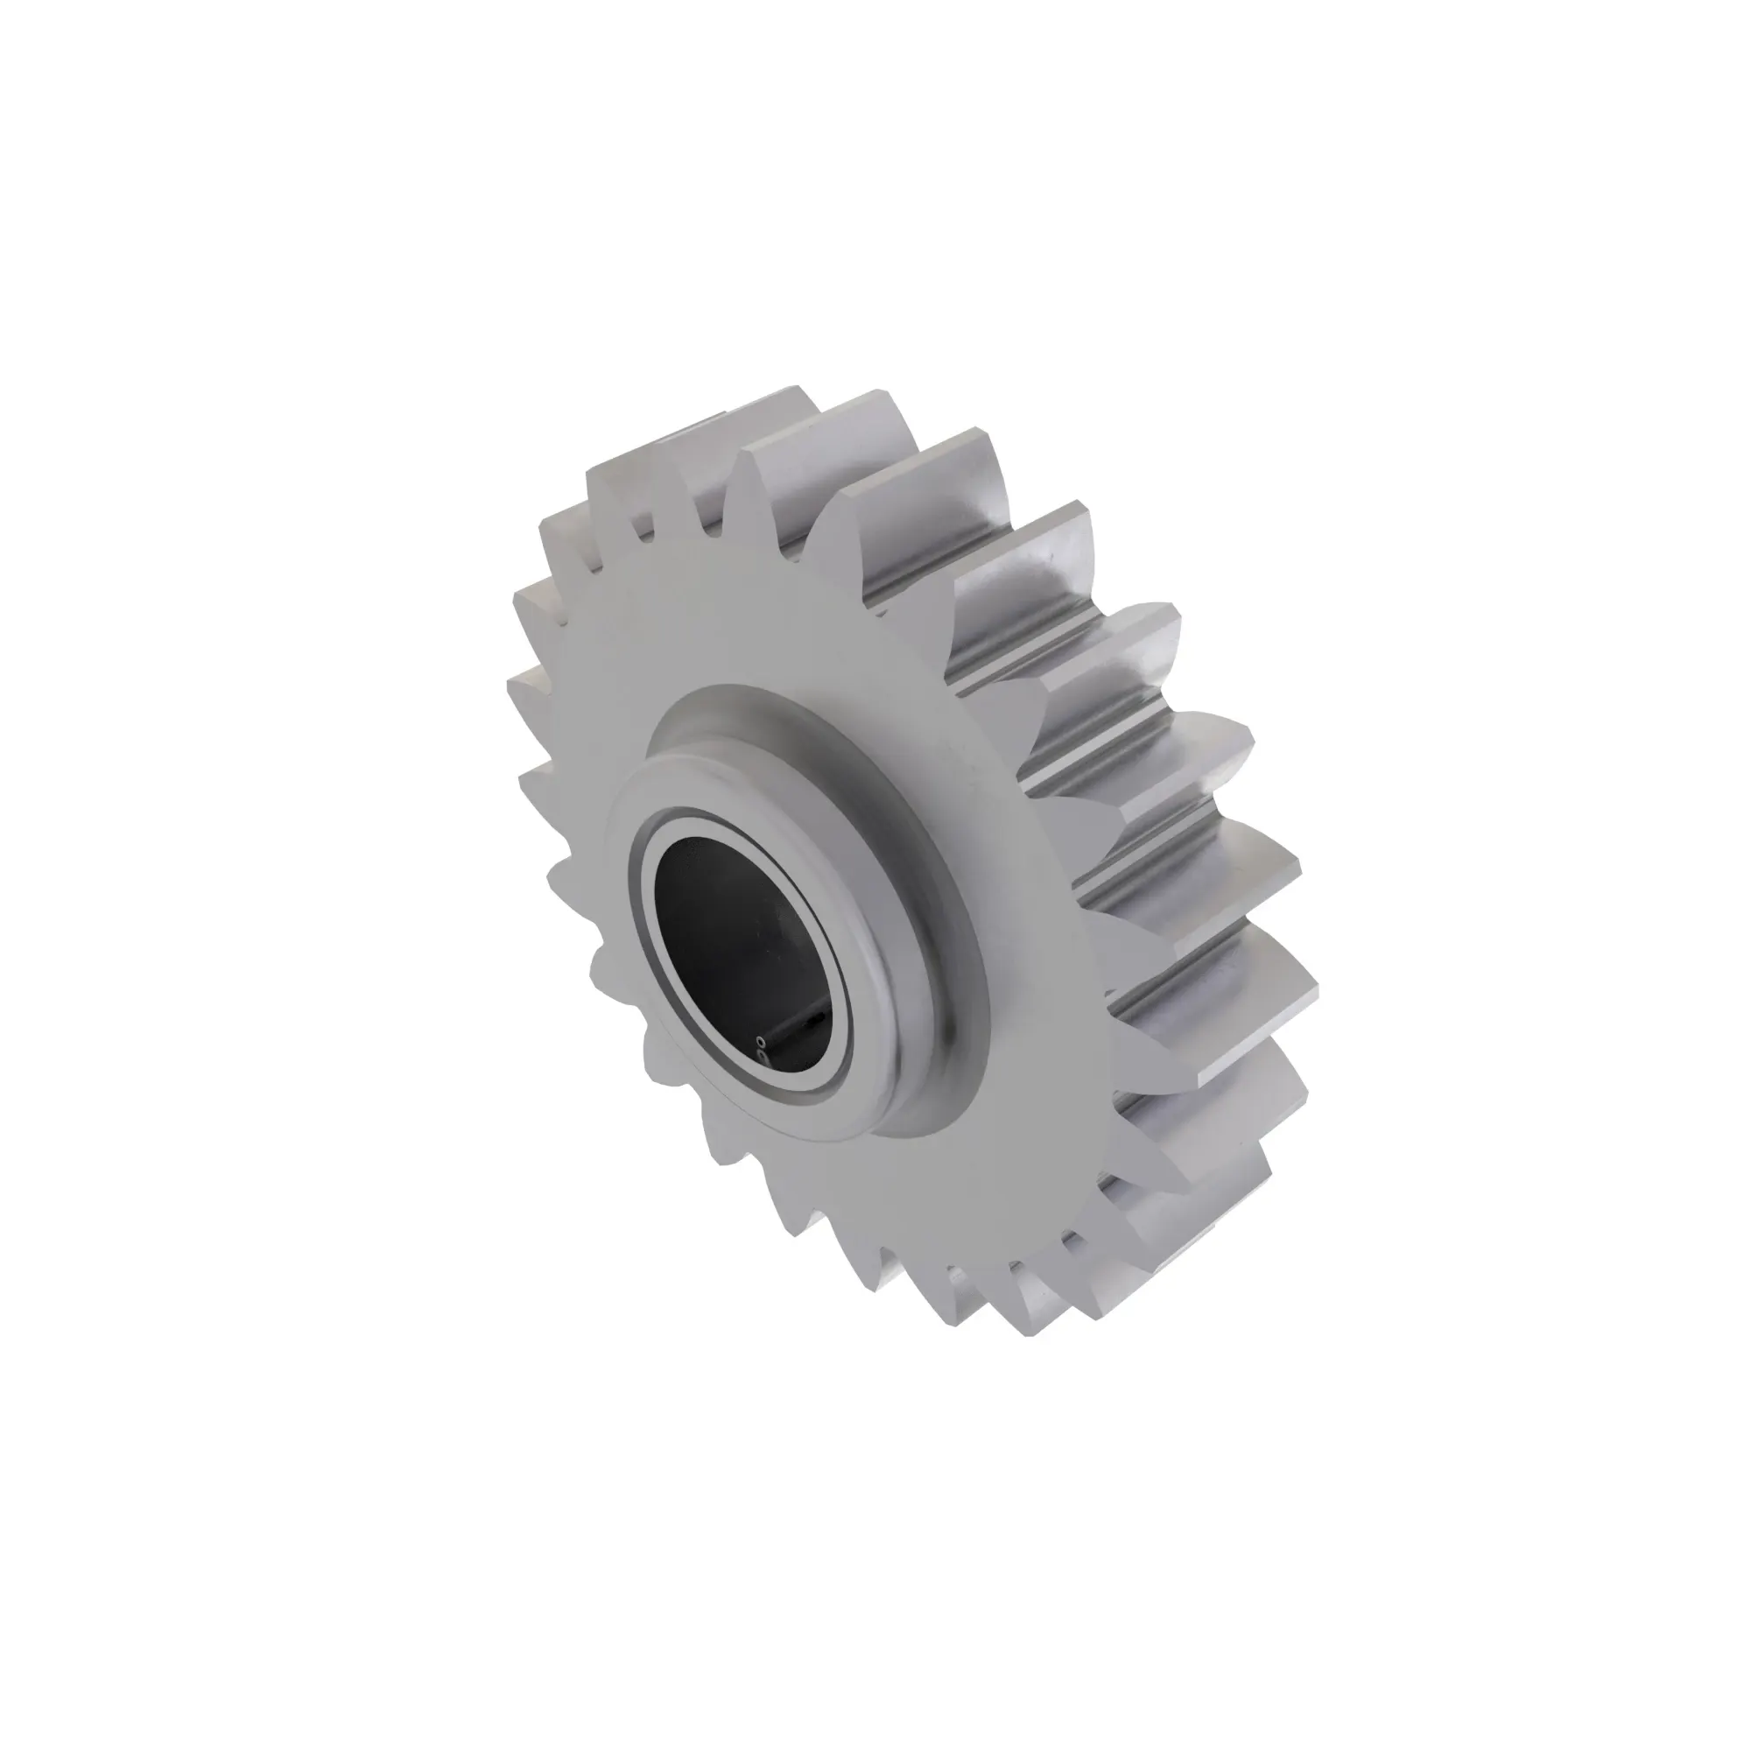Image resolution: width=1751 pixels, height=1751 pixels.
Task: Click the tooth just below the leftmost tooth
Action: (x=535, y=779)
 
